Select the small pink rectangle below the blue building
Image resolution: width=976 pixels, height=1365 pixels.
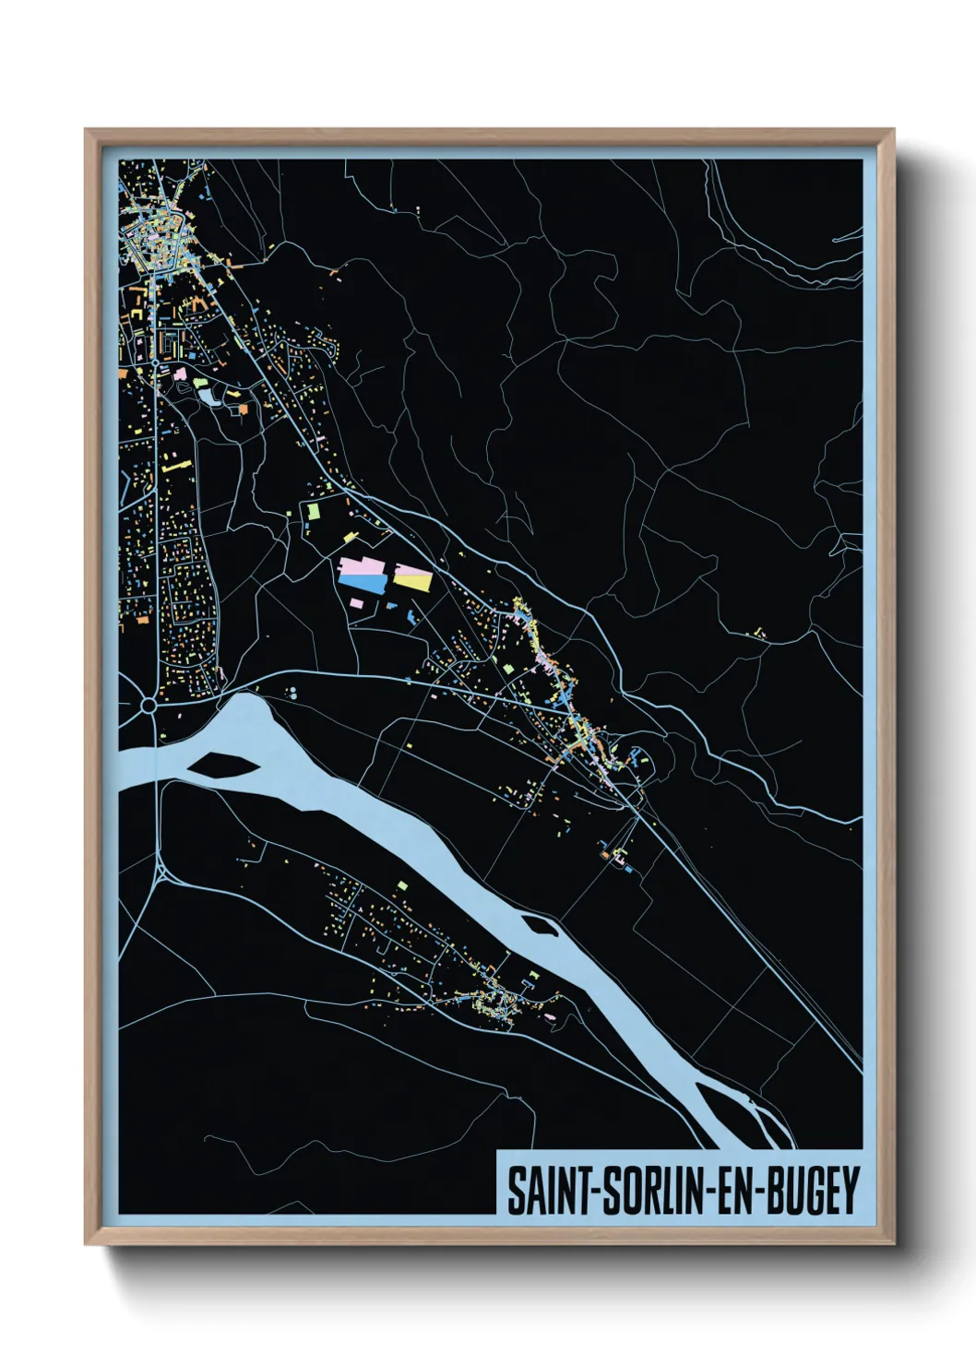coord(356,603)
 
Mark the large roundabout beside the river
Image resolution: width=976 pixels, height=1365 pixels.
coord(148,706)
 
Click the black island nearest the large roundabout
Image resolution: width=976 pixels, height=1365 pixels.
coord(221,764)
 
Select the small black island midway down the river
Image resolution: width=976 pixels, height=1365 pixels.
coord(540,925)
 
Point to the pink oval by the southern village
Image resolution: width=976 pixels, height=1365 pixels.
coord(551,1016)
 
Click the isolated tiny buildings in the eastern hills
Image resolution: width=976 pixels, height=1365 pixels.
coord(758,633)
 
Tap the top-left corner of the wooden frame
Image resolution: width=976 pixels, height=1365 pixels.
coord(87,131)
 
